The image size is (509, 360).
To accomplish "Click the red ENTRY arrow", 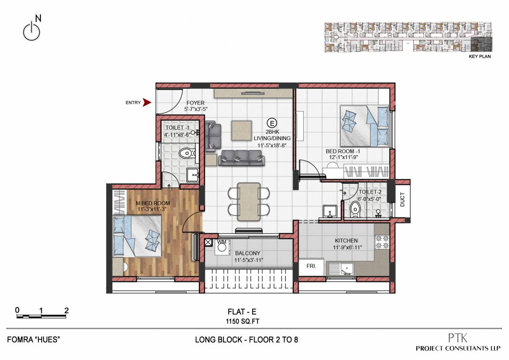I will pyautogui.click(x=147, y=102).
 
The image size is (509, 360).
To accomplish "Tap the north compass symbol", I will pyautogui.click(x=31, y=30).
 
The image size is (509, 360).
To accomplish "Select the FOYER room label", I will pyautogui.click(x=195, y=103).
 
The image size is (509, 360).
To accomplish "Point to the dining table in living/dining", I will pyautogui.click(x=248, y=201).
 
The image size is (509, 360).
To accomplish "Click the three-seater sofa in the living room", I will pyautogui.click(x=240, y=157).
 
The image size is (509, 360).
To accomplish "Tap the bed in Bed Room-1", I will pyautogui.click(x=364, y=125).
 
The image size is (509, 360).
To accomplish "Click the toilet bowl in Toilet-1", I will pyautogui.click(x=187, y=152).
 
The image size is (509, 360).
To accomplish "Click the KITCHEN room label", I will pyautogui.click(x=346, y=240).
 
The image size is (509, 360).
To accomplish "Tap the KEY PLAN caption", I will pyautogui.click(x=480, y=57).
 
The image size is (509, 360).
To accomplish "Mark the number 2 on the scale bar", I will pyautogui.click(x=67, y=310).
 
